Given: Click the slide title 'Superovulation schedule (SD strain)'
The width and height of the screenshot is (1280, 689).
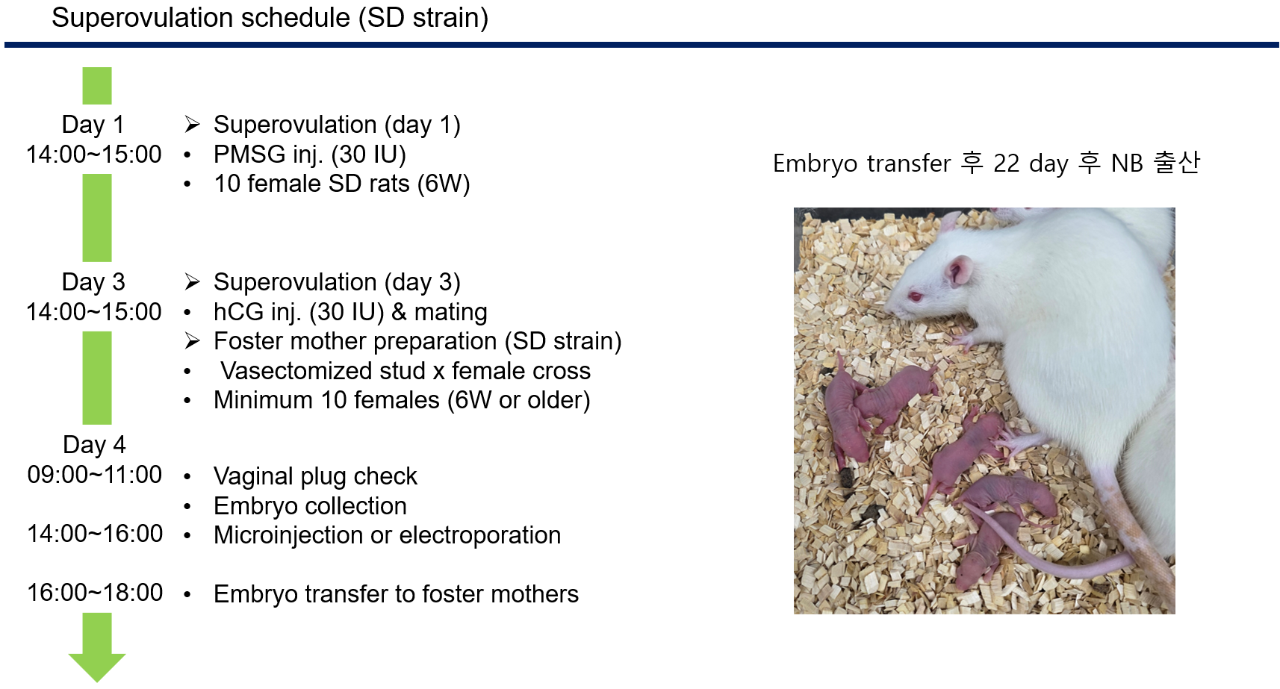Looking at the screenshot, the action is tap(270, 18).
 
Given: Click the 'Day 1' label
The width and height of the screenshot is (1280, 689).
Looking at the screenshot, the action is tap(93, 125).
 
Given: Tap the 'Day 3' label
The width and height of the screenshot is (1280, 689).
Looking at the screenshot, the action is tap(93, 282).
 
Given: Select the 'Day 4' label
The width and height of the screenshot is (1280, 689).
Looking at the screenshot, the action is tap(94, 444).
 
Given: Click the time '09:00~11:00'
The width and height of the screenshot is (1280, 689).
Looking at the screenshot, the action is tap(95, 475).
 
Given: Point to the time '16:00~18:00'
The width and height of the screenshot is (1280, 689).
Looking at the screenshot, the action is tap(95, 593).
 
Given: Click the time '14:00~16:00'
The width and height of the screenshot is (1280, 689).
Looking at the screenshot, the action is tap(95, 534).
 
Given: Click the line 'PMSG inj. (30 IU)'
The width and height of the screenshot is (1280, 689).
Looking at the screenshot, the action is tap(310, 155).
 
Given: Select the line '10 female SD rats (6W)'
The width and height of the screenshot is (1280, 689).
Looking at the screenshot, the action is tap(342, 184).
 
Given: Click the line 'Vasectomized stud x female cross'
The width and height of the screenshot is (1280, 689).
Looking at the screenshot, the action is tap(406, 371).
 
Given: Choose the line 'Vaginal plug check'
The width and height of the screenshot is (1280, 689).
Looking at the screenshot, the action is tap(315, 476).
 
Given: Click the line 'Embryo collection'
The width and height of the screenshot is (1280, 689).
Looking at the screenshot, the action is tap(310, 506).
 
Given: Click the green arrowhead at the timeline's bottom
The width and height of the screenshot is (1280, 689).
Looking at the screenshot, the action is tap(97, 666).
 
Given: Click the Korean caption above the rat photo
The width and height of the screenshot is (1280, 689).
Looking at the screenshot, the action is tap(987, 163).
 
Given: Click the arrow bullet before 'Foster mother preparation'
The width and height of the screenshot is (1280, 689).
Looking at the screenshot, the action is tap(192, 341).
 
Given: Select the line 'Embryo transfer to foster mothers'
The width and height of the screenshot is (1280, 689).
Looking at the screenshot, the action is tap(396, 594).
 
